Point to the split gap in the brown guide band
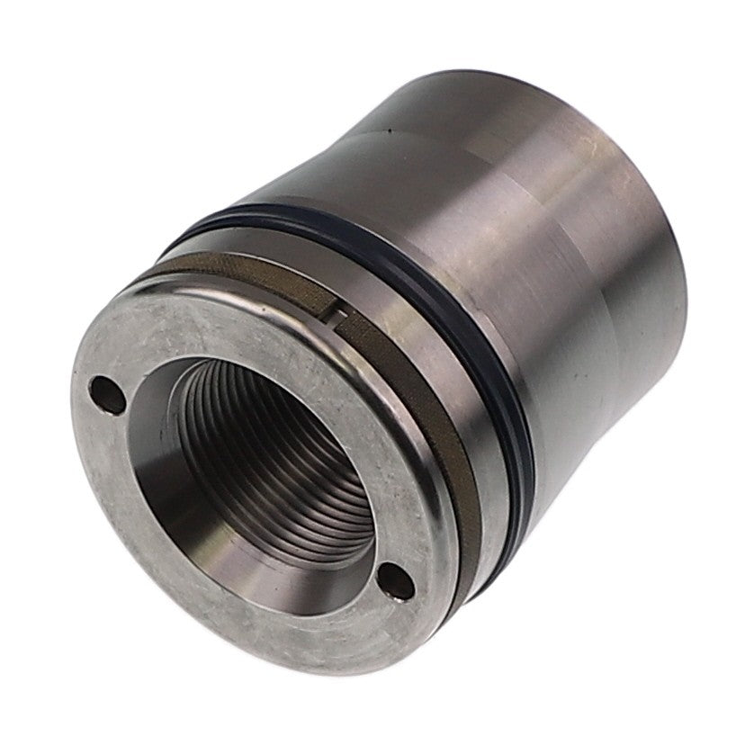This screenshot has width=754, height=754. coord(335,312)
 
